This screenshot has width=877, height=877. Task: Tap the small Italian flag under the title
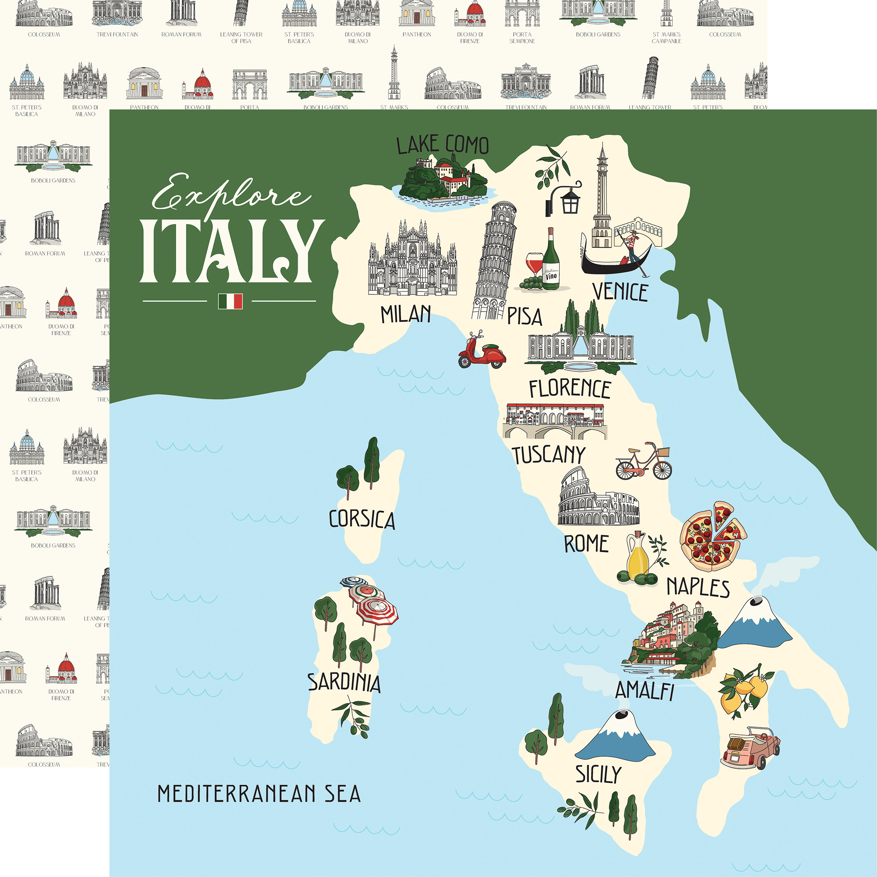coord(230,301)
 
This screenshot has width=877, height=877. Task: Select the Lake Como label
coord(443,145)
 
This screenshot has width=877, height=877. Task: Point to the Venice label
coord(620,292)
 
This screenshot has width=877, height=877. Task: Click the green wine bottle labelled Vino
coord(550,261)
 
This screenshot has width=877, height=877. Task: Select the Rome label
coord(586,544)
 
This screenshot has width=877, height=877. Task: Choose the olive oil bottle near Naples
coord(637,556)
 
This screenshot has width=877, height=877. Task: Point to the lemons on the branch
coord(745,690)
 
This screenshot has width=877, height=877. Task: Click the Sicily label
coord(598,774)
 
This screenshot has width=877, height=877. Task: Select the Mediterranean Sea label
coord(259,793)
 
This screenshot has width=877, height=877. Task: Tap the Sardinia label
coord(344,683)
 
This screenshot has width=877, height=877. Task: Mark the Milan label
coord(406,314)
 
